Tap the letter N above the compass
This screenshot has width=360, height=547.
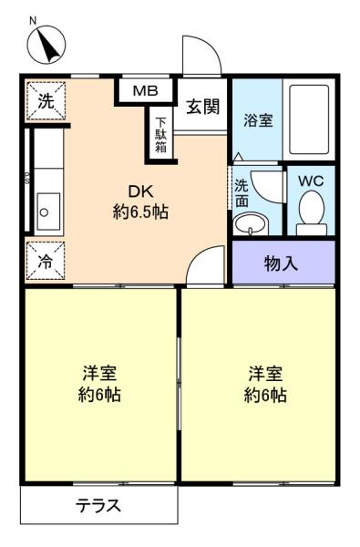point(33,21)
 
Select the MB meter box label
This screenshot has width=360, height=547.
point(146,91)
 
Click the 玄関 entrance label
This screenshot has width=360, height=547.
point(202,107)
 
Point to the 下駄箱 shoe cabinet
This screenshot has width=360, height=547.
point(160,135)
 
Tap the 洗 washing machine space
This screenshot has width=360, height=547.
point(46,101)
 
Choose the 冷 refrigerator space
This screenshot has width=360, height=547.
point(46,261)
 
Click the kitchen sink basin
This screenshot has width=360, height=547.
point(49,212)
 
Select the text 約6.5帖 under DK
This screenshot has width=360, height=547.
point(140,212)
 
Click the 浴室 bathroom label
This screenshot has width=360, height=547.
point(258,120)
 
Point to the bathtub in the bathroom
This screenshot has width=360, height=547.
point(310,119)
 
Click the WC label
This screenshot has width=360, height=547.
point(311,181)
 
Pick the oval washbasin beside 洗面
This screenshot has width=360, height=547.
point(251,224)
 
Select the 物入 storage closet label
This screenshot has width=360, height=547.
point(281,263)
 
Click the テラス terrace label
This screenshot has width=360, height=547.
point(99,505)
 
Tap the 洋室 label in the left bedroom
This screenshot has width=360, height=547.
point(99,373)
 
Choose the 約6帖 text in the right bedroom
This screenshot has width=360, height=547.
point(265,396)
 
